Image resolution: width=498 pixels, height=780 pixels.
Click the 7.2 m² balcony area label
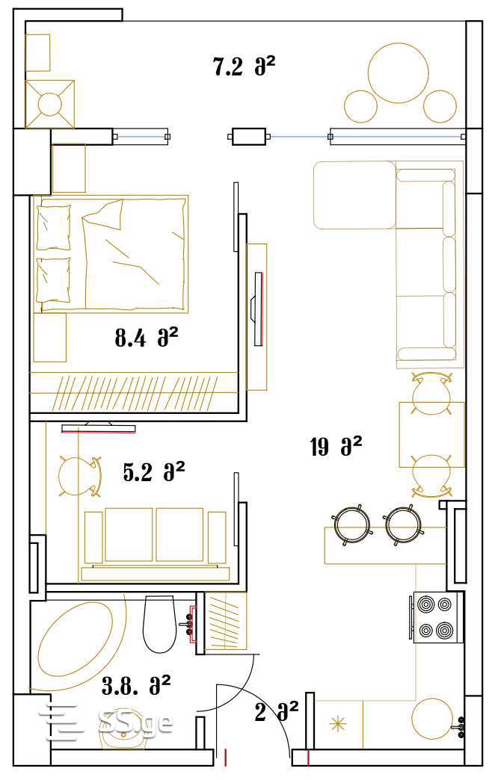pos(244,66)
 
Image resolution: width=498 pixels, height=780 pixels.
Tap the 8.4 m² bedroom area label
pos(146,338)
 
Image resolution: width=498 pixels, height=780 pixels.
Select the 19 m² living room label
pos(336,446)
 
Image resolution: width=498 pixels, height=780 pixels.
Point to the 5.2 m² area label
pos(154,471)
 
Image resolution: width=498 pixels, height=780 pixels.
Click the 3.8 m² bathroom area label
pos(136,686)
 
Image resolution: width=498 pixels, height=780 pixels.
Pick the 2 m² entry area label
pos(277,712)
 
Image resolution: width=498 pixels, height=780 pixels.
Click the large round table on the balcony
pos(398,73)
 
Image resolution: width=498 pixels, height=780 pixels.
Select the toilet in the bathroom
pos(160,625)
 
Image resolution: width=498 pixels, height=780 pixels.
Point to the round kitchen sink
pos(432,718)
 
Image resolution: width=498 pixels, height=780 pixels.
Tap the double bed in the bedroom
pos(111,254)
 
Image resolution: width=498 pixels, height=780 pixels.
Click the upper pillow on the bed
pos(54,227)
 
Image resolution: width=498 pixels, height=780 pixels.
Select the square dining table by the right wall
pos(431,435)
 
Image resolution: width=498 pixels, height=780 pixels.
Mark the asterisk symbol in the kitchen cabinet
pos(338,724)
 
